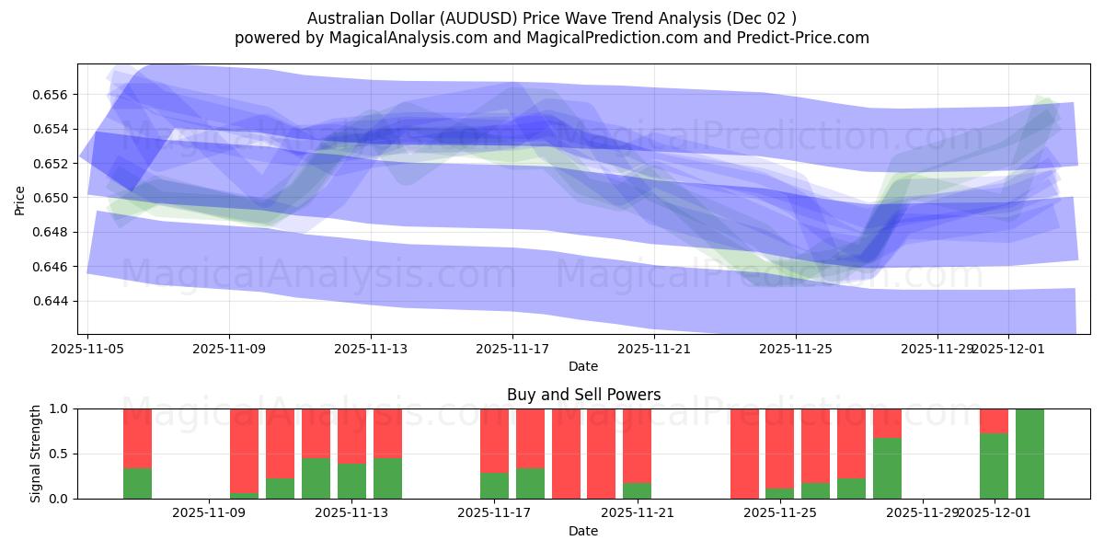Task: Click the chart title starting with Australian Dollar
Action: pyautogui.click(x=551, y=18)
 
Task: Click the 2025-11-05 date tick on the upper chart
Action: pyautogui.click(x=87, y=349)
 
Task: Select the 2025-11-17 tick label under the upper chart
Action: pyautogui.click(x=512, y=349)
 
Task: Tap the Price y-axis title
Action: pyautogui.click(x=20, y=200)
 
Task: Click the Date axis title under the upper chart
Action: pyautogui.click(x=583, y=366)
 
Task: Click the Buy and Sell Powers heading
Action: pyautogui.click(x=583, y=395)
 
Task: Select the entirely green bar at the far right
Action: pyautogui.click(x=1029, y=454)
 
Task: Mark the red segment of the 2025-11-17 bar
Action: pyautogui.click(x=494, y=441)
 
